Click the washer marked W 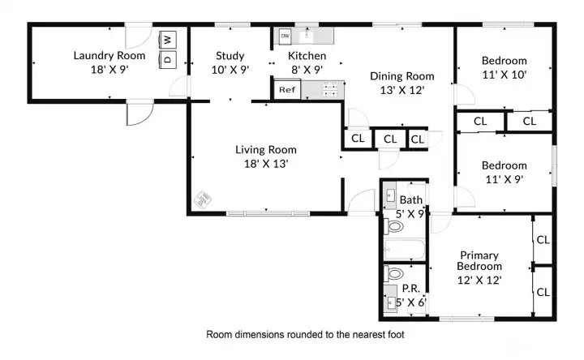pos(168,40)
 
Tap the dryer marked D pos(168,59)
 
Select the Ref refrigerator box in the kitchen pos(287,90)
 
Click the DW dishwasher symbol pos(285,36)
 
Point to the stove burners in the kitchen pos(330,90)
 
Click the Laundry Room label pos(109,56)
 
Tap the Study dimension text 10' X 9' pos(230,70)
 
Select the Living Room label pos(266,150)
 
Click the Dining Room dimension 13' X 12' pos(402,90)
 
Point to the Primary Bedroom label pos(479,260)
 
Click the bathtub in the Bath pos(405,249)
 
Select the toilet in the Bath pos(394,226)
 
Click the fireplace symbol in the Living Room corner pos(203,199)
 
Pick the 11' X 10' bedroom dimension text pos(505,75)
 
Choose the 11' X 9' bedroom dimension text pos(505,180)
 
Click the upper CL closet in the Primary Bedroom pos(543,240)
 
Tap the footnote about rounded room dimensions pos(305,334)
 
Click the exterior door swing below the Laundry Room pos(140,114)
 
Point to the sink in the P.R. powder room pos(391,302)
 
